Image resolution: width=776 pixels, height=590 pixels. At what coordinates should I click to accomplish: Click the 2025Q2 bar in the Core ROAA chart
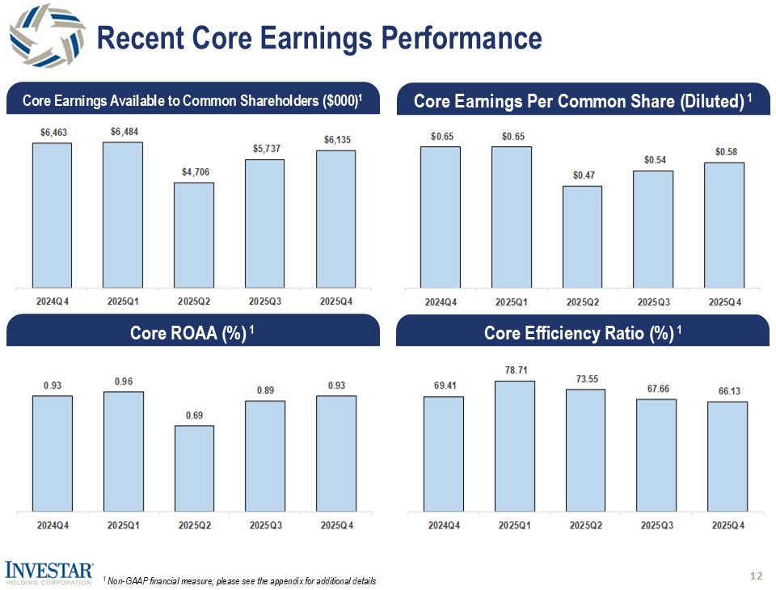coord(194,469)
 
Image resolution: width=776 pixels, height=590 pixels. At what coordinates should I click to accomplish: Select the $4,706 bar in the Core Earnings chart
coord(194,234)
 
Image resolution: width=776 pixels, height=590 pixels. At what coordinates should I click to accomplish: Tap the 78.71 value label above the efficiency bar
coord(515,369)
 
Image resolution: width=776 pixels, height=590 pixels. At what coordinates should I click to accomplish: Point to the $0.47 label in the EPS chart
coord(582,175)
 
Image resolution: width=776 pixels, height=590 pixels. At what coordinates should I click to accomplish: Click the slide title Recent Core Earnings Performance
coord(318,38)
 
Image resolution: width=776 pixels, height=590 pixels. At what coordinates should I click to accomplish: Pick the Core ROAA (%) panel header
coord(192,333)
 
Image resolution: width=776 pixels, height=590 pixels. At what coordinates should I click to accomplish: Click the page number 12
coord(757,576)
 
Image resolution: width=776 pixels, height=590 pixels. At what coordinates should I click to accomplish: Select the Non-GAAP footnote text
coord(239,582)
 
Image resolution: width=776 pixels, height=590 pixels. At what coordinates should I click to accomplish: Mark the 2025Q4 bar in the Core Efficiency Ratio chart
coord(727,457)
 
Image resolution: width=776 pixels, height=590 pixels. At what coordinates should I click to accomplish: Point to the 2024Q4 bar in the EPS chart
coord(441,217)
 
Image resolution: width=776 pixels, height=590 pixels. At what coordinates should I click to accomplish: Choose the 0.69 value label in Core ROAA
coord(194,415)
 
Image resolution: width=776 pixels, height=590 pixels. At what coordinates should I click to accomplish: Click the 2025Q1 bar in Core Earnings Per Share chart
coord(512,217)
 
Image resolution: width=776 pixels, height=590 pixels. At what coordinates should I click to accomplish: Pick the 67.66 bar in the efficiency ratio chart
coord(656,455)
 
